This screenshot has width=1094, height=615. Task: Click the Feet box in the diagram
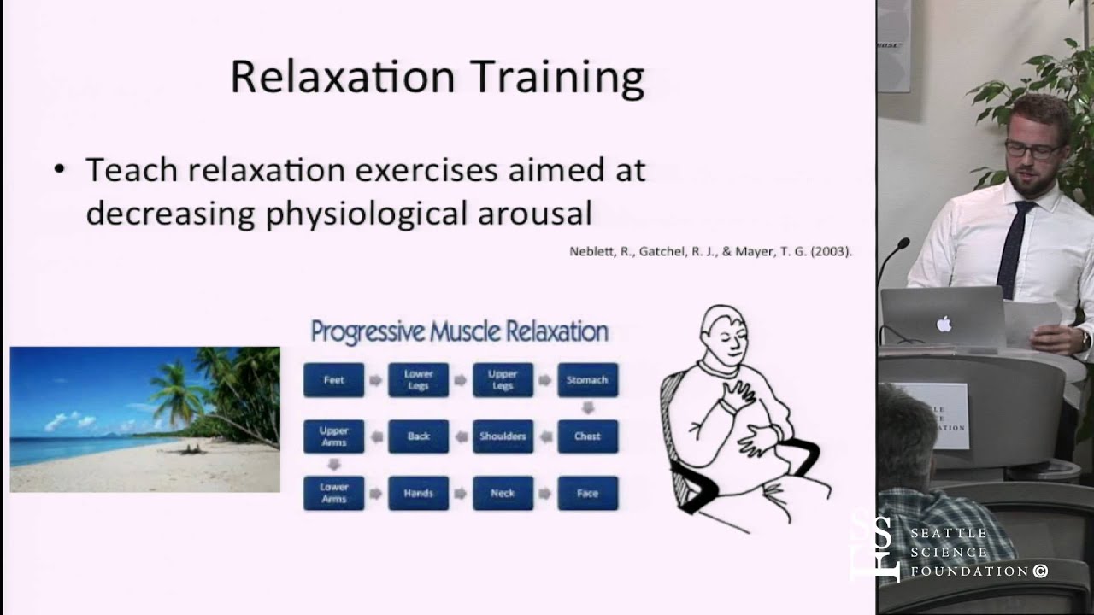tap(333, 380)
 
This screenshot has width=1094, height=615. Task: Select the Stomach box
tap(587, 380)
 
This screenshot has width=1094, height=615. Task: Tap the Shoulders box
tap(503, 436)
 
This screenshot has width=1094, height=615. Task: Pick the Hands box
tap(418, 493)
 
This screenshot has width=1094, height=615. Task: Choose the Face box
tap(587, 493)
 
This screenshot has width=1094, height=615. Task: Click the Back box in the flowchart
tap(418, 436)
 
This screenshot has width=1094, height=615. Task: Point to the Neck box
tap(503, 493)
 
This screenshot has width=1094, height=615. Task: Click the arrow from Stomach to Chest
tap(587, 408)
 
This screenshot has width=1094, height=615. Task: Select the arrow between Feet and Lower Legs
tap(375, 380)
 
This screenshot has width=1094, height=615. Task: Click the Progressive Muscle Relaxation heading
tap(459, 331)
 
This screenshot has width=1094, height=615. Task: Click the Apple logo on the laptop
tap(944, 324)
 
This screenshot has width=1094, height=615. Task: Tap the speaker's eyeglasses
tap(1032, 150)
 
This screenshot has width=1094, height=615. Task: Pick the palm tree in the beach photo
tap(179, 393)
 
